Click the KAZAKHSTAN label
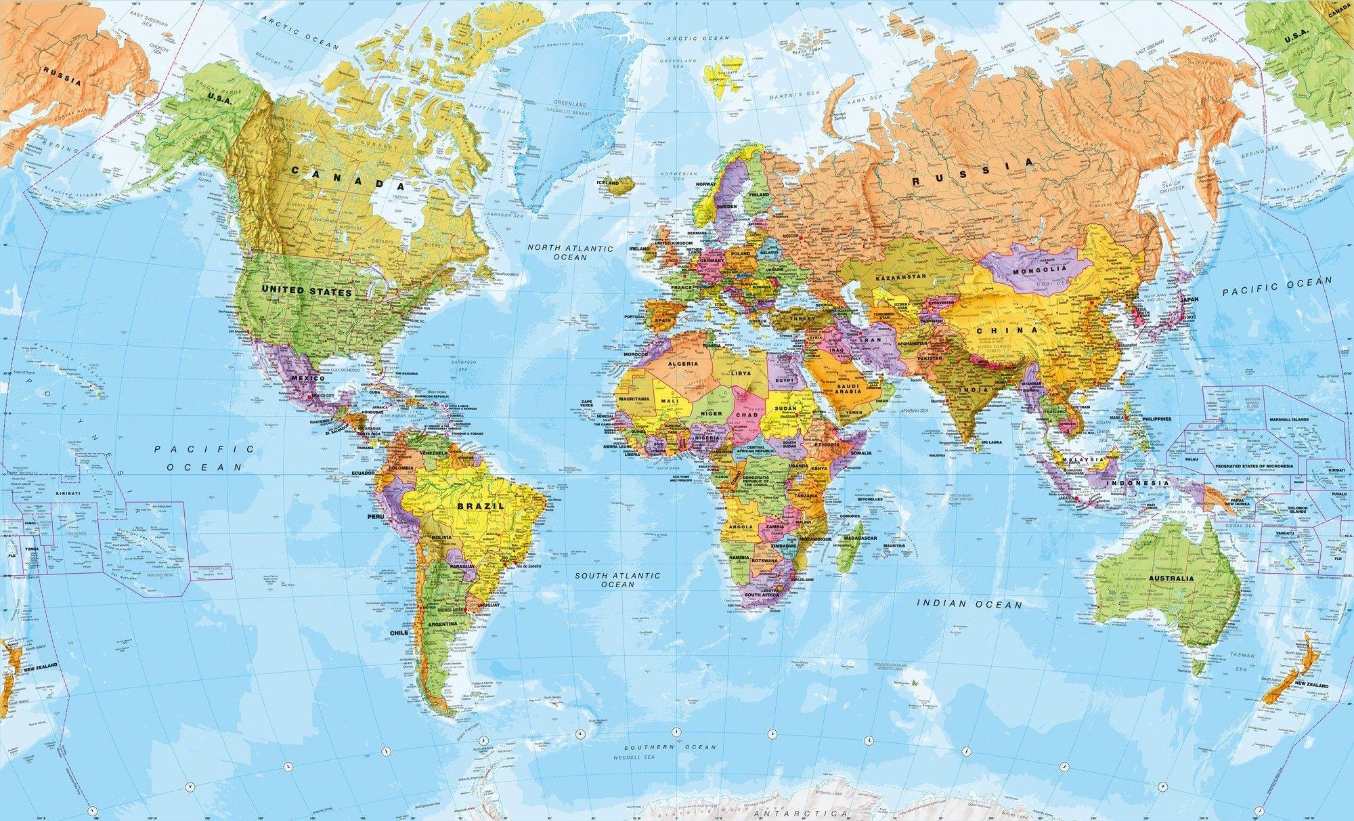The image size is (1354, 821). [x=900, y=278]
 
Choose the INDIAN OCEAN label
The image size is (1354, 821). [x=969, y=603]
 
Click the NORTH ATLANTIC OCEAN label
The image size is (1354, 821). [x=570, y=253]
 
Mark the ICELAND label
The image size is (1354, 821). [x=607, y=183]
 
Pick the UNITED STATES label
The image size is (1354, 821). [x=307, y=292]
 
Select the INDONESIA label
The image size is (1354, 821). [x=1137, y=483]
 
